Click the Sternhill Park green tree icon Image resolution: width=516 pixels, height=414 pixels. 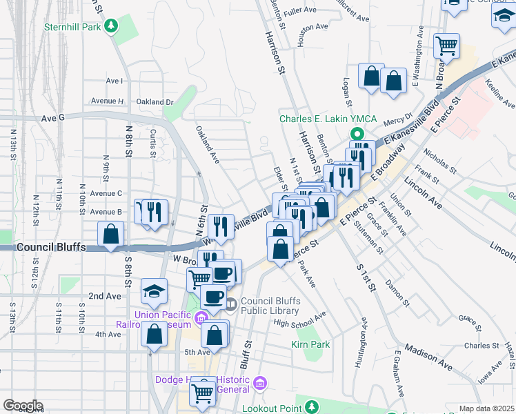tap(110, 27)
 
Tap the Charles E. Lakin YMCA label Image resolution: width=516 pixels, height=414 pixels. tap(328, 119)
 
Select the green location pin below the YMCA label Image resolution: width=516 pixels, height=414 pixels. tap(357, 135)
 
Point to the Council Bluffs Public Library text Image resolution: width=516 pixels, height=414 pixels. tap(274, 308)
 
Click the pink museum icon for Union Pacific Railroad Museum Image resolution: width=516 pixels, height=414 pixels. tap(201, 318)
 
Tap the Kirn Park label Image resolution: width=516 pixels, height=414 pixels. tap(310, 344)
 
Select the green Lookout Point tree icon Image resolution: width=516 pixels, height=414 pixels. tap(311, 406)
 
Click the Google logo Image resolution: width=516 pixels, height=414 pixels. tap(23, 406)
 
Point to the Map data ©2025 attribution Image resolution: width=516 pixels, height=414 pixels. tap(486, 408)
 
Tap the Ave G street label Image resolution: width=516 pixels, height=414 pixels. tap(52, 118)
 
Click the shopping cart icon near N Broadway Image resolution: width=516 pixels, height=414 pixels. tap(446, 47)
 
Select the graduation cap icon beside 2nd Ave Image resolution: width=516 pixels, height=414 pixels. tap(154, 293)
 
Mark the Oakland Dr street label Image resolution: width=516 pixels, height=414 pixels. tap(155, 102)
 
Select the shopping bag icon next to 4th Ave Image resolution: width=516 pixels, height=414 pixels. tap(154, 335)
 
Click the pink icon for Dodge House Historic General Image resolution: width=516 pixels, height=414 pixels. tap(259, 383)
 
